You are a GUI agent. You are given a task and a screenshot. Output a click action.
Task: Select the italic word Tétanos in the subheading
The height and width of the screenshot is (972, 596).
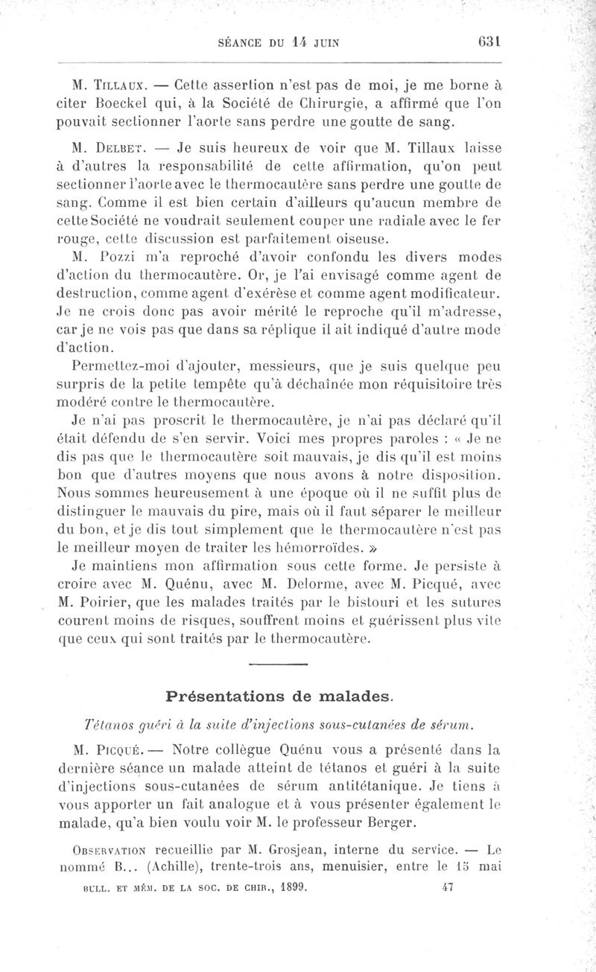coord(110,726)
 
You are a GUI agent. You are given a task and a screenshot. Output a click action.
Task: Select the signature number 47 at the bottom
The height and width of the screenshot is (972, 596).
coord(447,886)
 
